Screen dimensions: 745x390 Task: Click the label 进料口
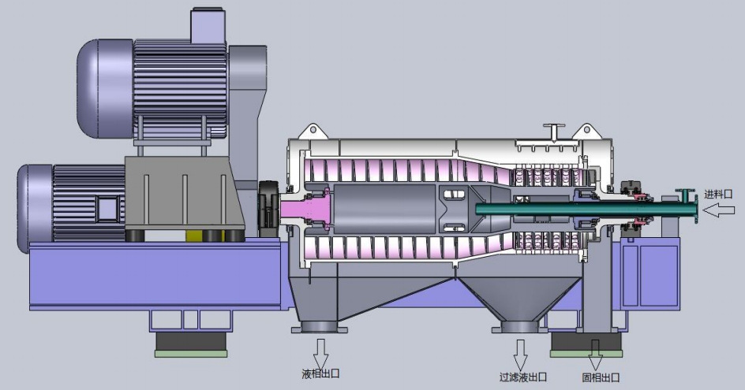point(718,194)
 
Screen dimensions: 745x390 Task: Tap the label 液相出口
point(320,374)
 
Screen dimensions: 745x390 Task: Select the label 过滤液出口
point(522,377)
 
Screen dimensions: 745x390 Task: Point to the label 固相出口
point(601,377)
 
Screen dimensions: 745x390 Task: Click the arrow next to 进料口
point(719,210)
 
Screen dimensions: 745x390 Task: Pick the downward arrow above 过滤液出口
point(521,354)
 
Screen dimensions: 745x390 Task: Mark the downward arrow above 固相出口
point(595,354)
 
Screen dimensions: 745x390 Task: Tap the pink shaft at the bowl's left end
point(304,210)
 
